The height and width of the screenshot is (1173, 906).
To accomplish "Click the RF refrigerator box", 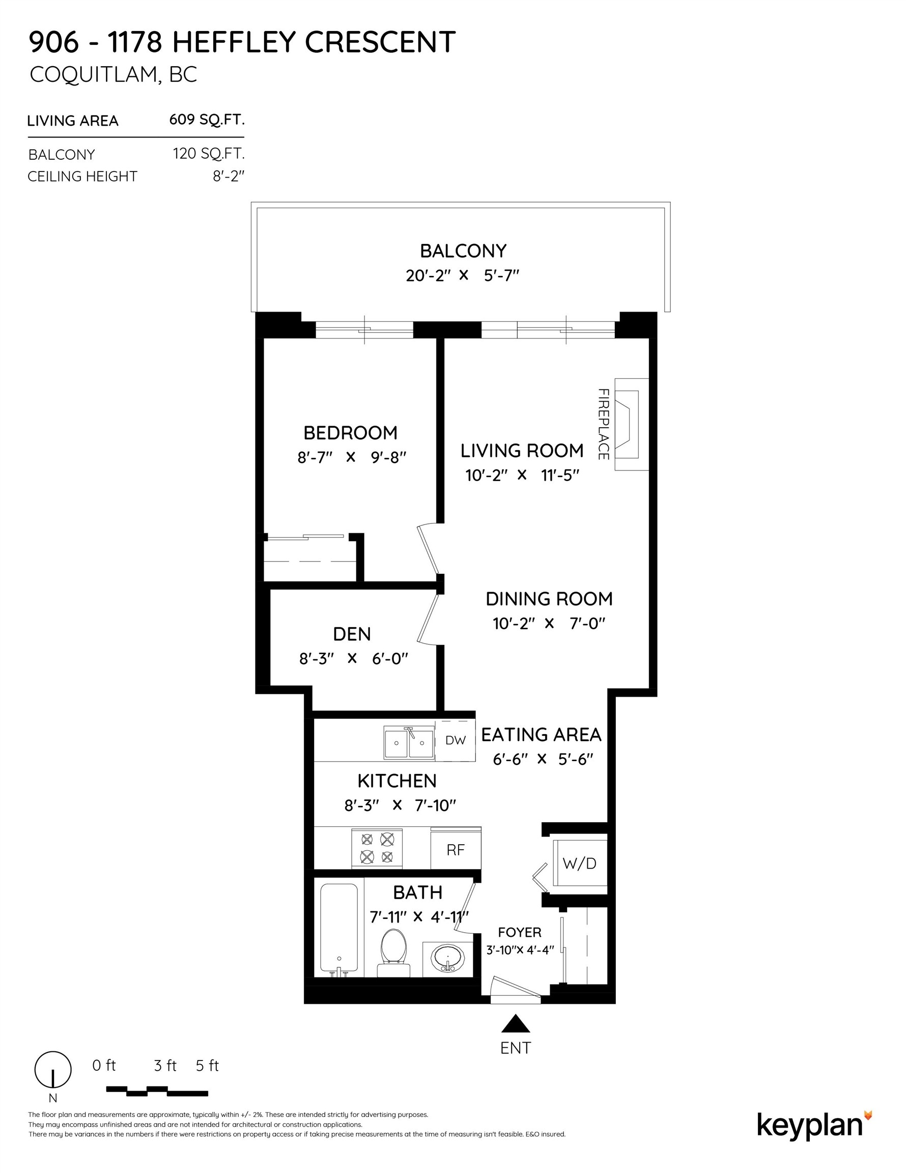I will click(456, 850).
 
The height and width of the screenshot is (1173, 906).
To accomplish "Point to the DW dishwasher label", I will click(456, 741).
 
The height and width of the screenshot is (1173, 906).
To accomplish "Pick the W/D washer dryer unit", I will click(579, 863).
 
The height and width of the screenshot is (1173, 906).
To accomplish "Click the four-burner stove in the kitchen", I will click(377, 848).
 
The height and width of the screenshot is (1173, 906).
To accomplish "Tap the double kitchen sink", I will click(409, 742).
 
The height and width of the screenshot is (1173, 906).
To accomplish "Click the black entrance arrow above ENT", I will click(516, 1024).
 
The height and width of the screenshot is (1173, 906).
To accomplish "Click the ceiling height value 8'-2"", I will click(228, 176).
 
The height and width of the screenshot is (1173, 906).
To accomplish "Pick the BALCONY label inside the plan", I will click(463, 251).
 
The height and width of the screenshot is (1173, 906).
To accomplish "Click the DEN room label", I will click(352, 634).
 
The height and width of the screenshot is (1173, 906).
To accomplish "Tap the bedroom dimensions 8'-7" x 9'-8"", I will click(352, 457).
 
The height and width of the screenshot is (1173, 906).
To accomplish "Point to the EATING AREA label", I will click(541, 735).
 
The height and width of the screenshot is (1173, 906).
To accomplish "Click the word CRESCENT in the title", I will click(380, 42).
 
